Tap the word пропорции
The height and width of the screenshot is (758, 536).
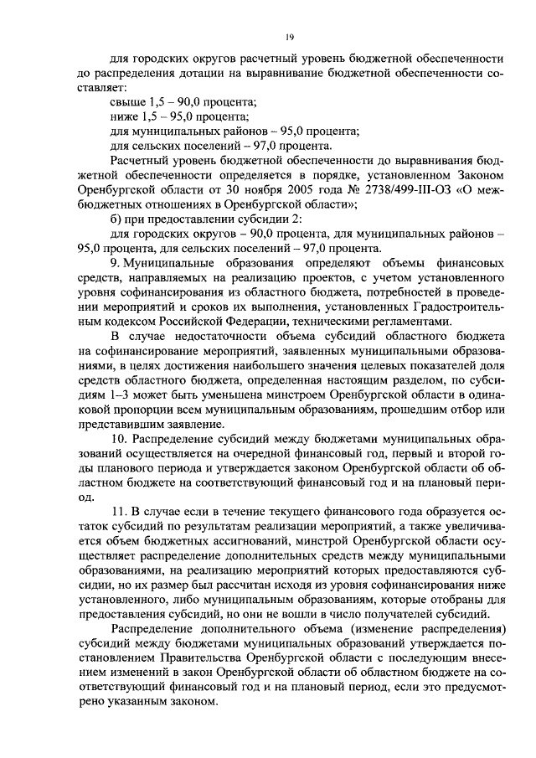[x=133, y=410]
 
